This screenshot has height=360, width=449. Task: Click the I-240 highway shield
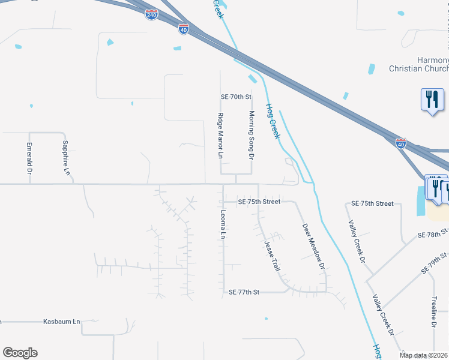coord(152,14)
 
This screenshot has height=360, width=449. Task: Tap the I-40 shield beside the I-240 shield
coord(184,28)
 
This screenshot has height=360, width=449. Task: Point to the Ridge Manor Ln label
coord(220,136)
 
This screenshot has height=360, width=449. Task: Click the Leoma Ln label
coord(223,224)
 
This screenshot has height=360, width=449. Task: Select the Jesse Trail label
coord(272,256)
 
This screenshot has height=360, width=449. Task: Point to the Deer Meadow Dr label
coord(313,246)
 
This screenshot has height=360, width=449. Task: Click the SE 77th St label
coord(244,292)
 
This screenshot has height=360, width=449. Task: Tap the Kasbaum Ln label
coord(61,322)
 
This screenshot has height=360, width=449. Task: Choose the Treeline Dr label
coord(433,311)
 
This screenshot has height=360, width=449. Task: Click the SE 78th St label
coord(434,232)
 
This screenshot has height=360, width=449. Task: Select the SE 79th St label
coord(435,263)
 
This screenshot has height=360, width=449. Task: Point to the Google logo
coord(20,353)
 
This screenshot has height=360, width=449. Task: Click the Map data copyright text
coord(424,355)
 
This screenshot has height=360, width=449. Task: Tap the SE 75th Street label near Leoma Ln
coord(259,202)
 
